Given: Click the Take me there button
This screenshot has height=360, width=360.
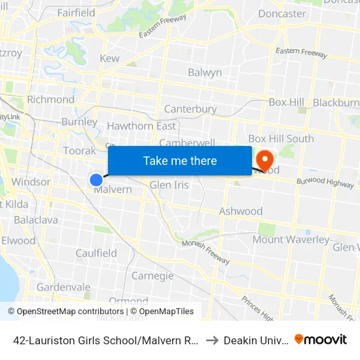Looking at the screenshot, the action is pyautogui.click(x=180, y=161).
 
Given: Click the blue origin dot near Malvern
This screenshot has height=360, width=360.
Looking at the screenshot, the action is pyautogui.click(x=96, y=179).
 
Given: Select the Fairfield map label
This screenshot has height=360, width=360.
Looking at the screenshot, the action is pyautogui.click(x=76, y=12).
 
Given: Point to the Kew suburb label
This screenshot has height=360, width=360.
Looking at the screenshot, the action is pyautogui.click(x=109, y=58).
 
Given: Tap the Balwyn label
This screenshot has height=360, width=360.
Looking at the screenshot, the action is pyautogui.click(x=205, y=73).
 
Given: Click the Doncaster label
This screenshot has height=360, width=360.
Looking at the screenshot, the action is pyautogui.click(x=282, y=14).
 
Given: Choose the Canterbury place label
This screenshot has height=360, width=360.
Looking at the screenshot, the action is pyautogui.click(x=190, y=109).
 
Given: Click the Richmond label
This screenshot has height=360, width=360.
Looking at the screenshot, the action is pyautogui.click(x=50, y=99).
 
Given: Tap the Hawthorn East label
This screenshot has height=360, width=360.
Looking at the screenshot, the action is pyautogui.click(x=141, y=126).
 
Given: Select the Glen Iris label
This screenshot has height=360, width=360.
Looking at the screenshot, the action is pyautogui.click(x=170, y=185).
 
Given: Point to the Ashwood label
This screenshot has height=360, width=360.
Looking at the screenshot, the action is pyautogui.click(x=241, y=211).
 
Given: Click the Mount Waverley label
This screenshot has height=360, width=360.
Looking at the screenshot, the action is pyautogui.click(x=291, y=240).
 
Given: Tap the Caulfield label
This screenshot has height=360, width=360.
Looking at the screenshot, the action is pyautogui.click(x=96, y=253).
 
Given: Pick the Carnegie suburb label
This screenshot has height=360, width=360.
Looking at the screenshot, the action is pyautogui.click(x=153, y=276).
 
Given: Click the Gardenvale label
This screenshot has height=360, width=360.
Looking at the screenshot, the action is pyautogui.click(x=63, y=287).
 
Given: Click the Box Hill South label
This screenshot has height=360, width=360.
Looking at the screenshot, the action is pyautogui.click(x=281, y=139).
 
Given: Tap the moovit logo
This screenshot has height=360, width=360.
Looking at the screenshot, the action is pyautogui.click(x=321, y=339).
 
